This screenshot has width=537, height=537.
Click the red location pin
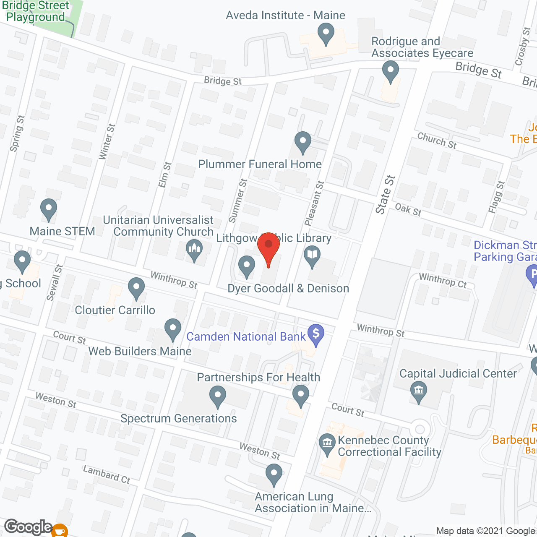(268, 248)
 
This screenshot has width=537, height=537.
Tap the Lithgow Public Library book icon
(312, 255)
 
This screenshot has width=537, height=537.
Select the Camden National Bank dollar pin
(316, 334)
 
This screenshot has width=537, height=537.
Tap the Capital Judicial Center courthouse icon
(418, 391)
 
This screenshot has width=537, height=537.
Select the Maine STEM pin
(49, 209)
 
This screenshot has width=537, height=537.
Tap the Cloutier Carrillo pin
(136, 288)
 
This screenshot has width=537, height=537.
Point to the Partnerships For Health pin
(300, 395)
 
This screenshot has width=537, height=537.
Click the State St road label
(385, 195)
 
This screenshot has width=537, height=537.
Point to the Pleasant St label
(315, 203)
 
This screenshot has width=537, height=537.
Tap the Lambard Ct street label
(107, 474)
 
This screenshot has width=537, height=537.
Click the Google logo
(29, 527)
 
